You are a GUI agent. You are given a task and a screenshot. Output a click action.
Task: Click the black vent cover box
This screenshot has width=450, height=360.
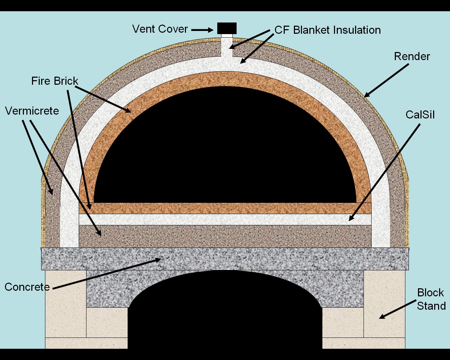[x=227, y=28]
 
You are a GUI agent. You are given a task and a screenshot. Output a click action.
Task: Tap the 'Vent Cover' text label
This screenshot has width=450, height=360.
[x=160, y=29]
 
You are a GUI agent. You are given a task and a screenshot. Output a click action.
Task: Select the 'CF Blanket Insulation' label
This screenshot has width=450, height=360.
[x=327, y=30]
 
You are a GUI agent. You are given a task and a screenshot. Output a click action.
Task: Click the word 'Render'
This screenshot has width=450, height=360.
[x=412, y=56]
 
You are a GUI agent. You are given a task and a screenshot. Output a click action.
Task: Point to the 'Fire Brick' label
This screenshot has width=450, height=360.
[x=54, y=81]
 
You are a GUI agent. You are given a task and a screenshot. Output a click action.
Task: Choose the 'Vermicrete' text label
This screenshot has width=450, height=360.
[x=32, y=111]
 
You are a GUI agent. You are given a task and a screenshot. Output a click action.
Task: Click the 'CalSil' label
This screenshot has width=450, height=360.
[x=420, y=115]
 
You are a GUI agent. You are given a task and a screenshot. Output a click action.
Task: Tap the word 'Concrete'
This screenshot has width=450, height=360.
[x=27, y=287]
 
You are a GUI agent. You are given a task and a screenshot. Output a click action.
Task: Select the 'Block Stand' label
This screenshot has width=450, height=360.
[x=431, y=299]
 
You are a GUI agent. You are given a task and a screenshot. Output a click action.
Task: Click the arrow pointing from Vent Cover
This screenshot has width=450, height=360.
[x=202, y=30]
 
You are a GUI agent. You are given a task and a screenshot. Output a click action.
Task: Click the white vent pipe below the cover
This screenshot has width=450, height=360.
[x=227, y=47]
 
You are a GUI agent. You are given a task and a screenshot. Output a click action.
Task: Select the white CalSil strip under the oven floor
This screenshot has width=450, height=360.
[x=225, y=219]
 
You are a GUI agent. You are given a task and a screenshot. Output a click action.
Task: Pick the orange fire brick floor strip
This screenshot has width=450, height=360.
[x=225, y=208]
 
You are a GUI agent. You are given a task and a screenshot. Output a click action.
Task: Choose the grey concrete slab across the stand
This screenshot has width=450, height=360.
[x=225, y=259]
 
